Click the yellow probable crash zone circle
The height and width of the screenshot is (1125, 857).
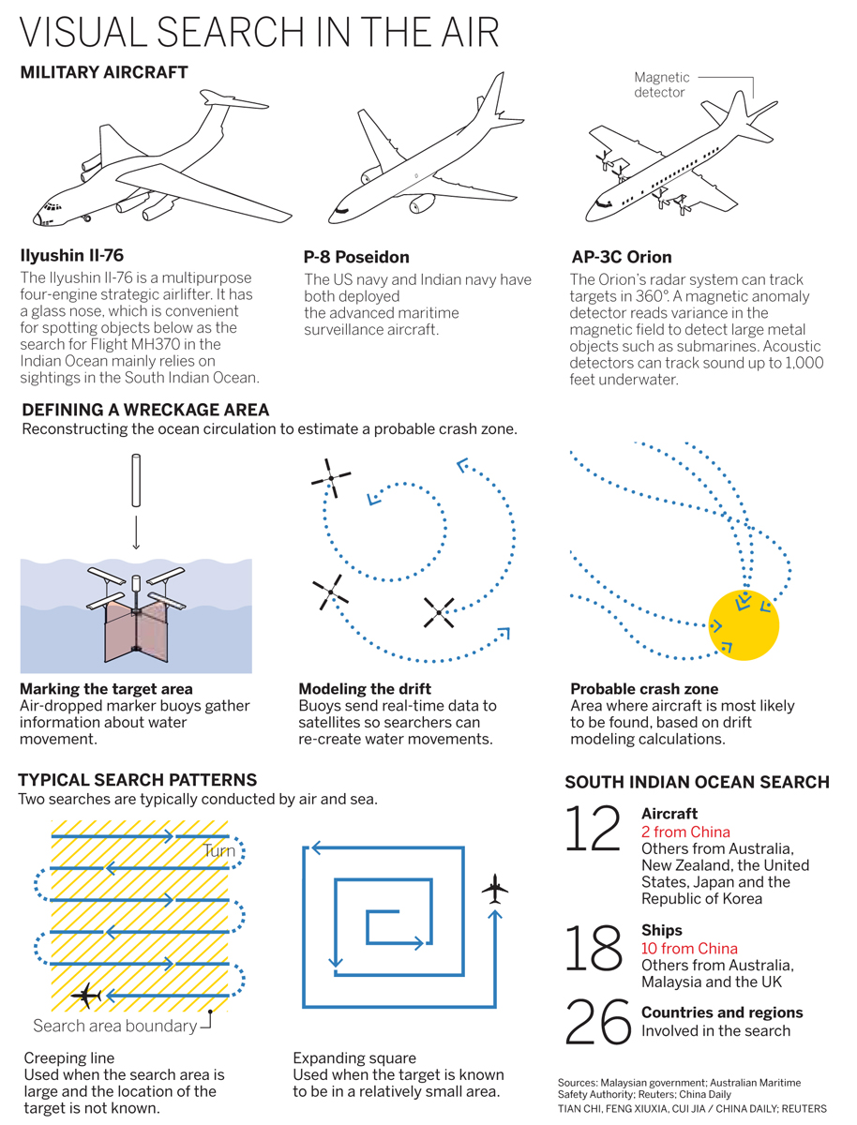coord(744,625)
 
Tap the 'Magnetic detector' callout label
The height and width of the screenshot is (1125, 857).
coord(661,85)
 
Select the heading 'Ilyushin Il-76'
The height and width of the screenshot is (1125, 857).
coord(72,255)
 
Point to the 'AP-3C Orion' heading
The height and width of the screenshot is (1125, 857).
coord(621,257)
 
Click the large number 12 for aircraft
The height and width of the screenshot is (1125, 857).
coord(593,830)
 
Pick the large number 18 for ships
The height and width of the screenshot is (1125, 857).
coord(593,948)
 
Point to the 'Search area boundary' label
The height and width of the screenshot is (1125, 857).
coord(115,1026)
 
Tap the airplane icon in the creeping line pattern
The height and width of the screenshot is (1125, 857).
coord(88,996)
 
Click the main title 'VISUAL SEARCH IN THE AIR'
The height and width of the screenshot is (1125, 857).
coord(259,33)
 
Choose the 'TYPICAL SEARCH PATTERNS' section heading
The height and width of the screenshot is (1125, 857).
coord(137,780)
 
